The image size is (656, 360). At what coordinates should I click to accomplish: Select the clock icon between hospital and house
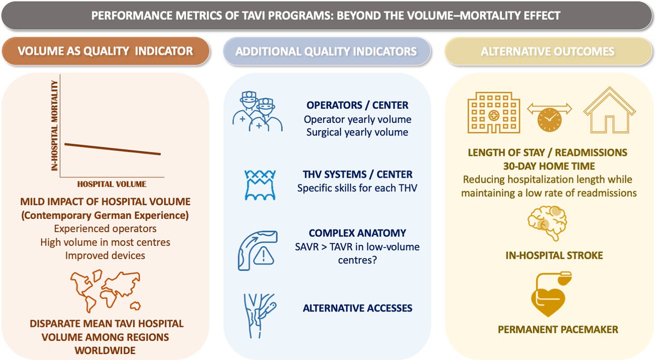click(x=549, y=119)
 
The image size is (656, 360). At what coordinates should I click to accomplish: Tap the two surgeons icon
click(x=257, y=112)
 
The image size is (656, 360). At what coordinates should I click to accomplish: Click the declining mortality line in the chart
click(x=113, y=149)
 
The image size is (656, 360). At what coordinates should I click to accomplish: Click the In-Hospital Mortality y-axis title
click(x=55, y=127)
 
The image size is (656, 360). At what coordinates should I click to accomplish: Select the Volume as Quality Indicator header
click(x=106, y=51)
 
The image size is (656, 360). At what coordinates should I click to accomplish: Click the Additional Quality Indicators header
click(x=326, y=52)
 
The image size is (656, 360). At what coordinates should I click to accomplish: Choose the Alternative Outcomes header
click(x=548, y=52)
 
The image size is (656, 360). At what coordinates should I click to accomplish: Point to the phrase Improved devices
click(x=104, y=255)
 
